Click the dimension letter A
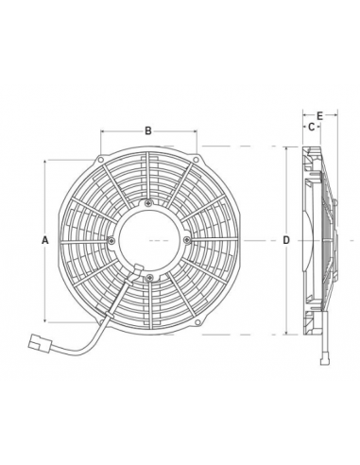pyautogui.click(x=45, y=240)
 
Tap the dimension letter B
pyautogui.click(x=148, y=130)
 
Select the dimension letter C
pyautogui.click(x=309, y=126)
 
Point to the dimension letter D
pyautogui.click(x=286, y=240)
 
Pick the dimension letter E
pyautogui.click(x=320, y=115)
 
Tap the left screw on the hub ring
pyautogui.click(x=112, y=240)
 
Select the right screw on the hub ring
pyautogui.click(x=186, y=240)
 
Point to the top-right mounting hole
pyautogui.click(x=196, y=154)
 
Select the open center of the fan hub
pyautogui.click(x=149, y=240)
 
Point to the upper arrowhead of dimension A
pyautogui.click(x=45, y=163)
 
